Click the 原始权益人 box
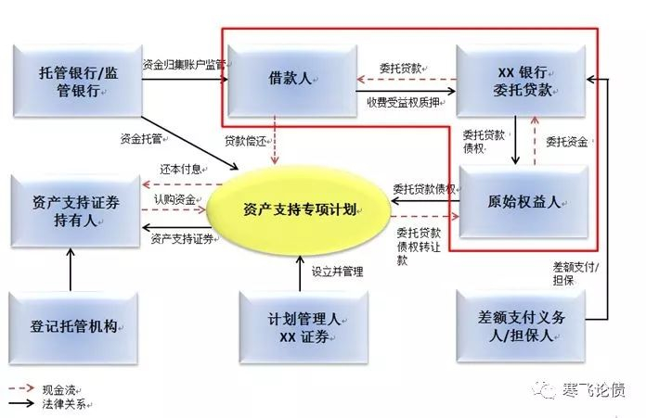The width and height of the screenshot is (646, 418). (524, 202)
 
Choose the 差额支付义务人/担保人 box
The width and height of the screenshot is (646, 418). (523, 326)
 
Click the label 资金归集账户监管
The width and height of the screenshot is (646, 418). (184, 65)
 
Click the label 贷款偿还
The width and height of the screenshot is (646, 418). (244, 140)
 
